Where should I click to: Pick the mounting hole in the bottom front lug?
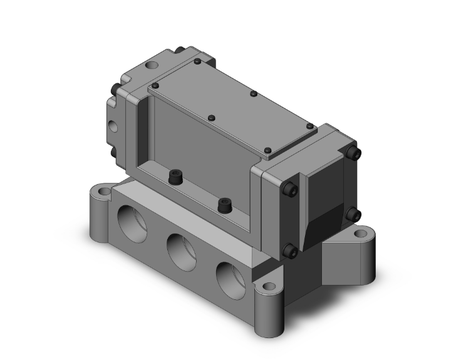point(269,287)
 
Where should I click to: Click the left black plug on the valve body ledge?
point(174,180)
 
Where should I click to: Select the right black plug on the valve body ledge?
point(222,204)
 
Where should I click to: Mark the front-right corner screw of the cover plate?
point(268,150)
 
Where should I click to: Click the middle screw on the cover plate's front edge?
point(212,118)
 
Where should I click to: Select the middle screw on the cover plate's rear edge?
point(253,94)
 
